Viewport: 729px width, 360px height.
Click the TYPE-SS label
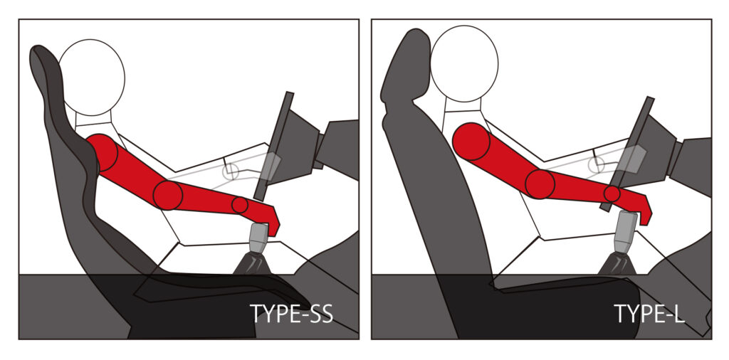(x=291, y=314)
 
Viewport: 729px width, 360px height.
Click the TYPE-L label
(x=649, y=314)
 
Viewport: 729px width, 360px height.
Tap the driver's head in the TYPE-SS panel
(x=92, y=78)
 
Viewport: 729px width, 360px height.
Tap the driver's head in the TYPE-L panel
(x=464, y=63)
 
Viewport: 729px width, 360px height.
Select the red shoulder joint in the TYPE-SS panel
(x=102, y=153)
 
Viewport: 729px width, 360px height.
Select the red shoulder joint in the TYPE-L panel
(x=471, y=141)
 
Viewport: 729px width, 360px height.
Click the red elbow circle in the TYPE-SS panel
(x=168, y=195)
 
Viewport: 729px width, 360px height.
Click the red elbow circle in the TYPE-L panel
(x=540, y=184)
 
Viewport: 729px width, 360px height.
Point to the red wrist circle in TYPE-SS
(x=240, y=205)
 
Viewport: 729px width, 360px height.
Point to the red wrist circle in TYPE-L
(x=612, y=194)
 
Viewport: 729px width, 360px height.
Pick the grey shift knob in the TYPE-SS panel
(x=258, y=238)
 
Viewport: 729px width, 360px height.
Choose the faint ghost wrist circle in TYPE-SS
(x=230, y=172)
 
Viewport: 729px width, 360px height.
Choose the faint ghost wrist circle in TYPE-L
(x=596, y=164)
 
